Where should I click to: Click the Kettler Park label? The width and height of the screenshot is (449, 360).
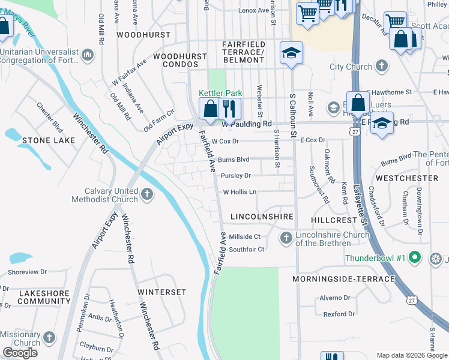[x=220, y=93]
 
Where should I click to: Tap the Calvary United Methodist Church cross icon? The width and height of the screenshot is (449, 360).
[x=147, y=193]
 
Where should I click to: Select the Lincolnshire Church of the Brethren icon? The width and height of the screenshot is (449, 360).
[x=286, y=238]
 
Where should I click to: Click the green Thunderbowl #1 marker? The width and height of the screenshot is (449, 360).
[x=413, y=257]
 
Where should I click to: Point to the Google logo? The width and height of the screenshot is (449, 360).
[x=20, y=353]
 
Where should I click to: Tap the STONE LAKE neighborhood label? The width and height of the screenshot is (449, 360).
[x=49, y=140]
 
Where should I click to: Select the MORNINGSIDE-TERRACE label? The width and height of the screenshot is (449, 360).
[x=344, y=279]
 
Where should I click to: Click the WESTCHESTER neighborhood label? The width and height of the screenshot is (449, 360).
[x=407, y=178]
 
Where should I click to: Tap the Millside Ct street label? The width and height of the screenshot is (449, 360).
[x=244, y=237]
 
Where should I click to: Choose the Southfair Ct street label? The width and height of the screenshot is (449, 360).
[x=246, y=249]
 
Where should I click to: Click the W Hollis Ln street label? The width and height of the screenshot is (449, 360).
[x=240, y=193]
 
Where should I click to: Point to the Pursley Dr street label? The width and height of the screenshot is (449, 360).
[x=235, y=176]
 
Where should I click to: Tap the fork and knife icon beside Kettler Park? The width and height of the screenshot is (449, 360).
[x=229, y=109]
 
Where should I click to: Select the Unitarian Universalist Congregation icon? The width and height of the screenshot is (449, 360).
[x=88, y=56]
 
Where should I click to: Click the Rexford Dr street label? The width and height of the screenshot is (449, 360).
[x=339, y=314]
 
